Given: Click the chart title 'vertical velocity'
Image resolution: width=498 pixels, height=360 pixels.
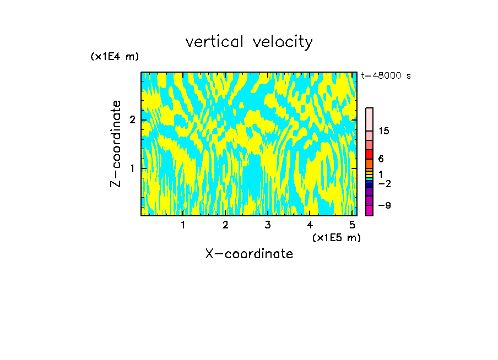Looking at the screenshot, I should click(x=249, y=42).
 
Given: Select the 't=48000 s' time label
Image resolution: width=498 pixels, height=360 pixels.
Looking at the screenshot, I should click(x=386, y=76).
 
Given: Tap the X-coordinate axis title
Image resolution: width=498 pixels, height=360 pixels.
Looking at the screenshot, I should click(x=249, y=254).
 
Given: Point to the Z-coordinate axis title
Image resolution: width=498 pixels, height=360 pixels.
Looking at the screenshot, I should click(x=116, y=144).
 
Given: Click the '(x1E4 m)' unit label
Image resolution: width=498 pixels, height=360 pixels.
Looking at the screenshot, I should click(x=115, y=57).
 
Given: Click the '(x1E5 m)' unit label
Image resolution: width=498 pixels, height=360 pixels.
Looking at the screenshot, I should click(x=336, y=237).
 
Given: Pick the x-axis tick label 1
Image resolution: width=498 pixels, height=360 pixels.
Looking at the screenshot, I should click(x=183, y=225).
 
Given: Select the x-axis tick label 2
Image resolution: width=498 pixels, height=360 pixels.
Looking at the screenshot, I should click(x=225, y=225).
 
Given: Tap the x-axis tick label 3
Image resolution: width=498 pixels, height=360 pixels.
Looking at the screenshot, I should click(x=268, y=225).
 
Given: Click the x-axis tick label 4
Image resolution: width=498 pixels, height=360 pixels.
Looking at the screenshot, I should click(x=310, y=225).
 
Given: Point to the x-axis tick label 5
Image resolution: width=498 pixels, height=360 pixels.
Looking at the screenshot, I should click(x=352, y=225).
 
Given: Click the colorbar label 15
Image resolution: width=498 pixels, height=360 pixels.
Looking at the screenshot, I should click(x=384, y=131).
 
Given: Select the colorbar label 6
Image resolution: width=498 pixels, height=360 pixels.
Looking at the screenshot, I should click(x=381, y=159).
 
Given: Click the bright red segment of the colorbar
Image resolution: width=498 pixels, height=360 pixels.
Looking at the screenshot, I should click(x=369, y=154).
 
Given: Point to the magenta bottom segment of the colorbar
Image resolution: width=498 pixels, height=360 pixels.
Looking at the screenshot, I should click(x=369, y=210).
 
